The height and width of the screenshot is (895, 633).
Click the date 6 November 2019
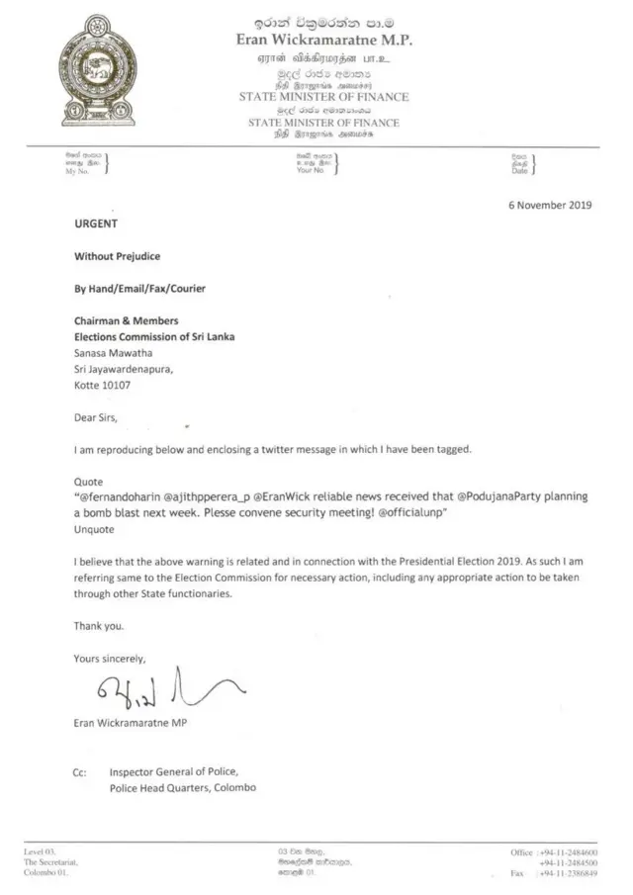click(549, 206)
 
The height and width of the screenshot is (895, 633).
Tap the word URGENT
click(96, 224)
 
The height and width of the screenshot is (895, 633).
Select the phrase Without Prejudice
click(118, 256)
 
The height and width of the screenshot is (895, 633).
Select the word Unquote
click(96, 529)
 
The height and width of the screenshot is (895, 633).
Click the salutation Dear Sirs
click(96, 417)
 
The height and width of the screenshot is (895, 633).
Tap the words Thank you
click(99, 626)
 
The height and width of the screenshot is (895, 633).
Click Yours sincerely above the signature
click(110, 658)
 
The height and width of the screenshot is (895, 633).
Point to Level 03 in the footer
click(40, 851)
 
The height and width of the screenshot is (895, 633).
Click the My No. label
click(78, 172)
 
